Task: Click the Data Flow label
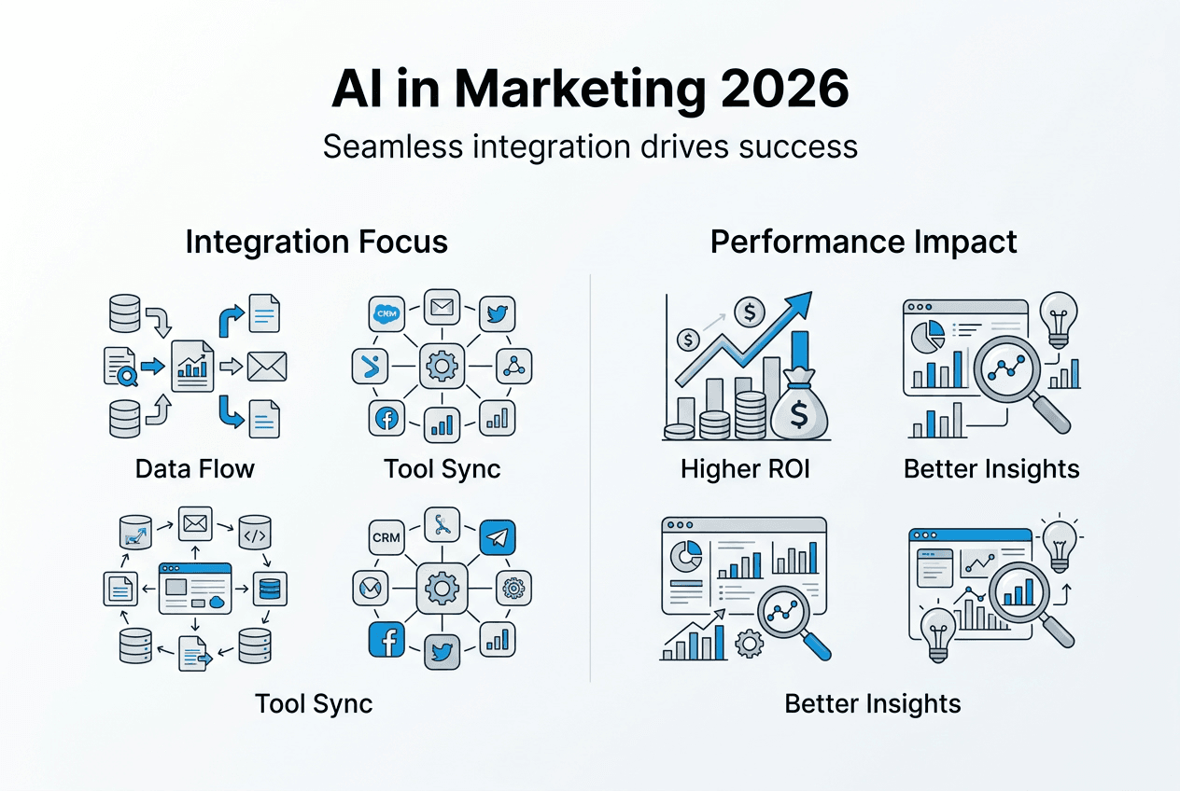tap(194, 467)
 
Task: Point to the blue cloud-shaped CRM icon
tap(386, 314)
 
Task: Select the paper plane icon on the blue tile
tap(498, 538)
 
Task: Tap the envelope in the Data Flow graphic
tap(267, 367)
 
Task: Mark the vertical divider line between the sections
tap(590, 476)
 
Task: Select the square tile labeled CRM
tap(386, 538)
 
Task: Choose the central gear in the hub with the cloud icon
tap(440, 367)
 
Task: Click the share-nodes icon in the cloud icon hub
tap(512, 367)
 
